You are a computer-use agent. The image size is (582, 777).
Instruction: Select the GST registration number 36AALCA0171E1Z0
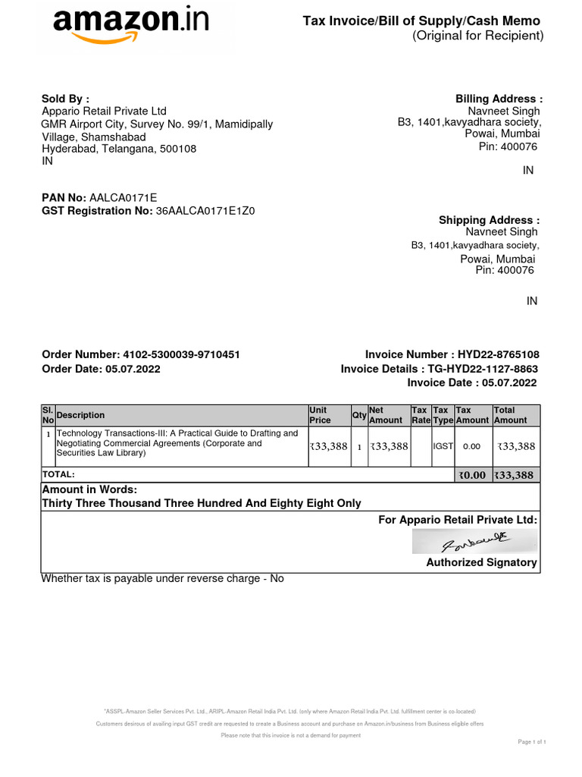click(205, 211)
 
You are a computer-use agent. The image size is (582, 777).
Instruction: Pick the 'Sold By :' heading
click(65, 99)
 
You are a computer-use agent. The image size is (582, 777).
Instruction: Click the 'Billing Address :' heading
click(499, 99)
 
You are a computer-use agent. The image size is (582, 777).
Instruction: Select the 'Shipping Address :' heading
click(490, 220)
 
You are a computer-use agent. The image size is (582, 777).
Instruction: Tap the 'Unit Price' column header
click(320, 415)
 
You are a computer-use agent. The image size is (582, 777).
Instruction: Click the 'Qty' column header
click(359, 415)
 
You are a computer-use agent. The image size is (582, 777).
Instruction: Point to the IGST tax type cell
click(443, 447)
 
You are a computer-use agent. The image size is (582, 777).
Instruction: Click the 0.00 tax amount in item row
click(471, 447)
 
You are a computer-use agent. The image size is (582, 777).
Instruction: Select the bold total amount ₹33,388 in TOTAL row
click(514, 476)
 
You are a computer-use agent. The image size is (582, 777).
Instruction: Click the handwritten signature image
click(474, 542)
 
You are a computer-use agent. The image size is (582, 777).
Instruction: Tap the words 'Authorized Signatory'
click(481, 562)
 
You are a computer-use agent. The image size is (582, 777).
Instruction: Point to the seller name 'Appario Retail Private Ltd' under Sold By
click(104, 112)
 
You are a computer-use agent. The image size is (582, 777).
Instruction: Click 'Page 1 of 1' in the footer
click(530, 741)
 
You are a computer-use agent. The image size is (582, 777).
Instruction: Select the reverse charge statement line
click(162, 578)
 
